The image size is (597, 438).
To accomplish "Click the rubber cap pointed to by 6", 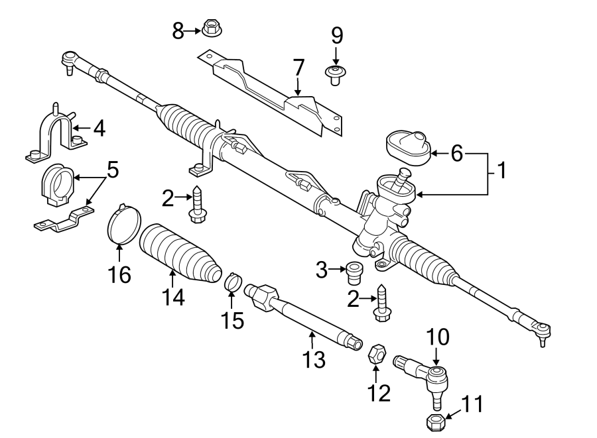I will click(407, 146).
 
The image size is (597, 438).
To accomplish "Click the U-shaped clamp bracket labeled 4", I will click(54, 133).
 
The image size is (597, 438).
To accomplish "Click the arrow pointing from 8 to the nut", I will click(192, 30).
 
